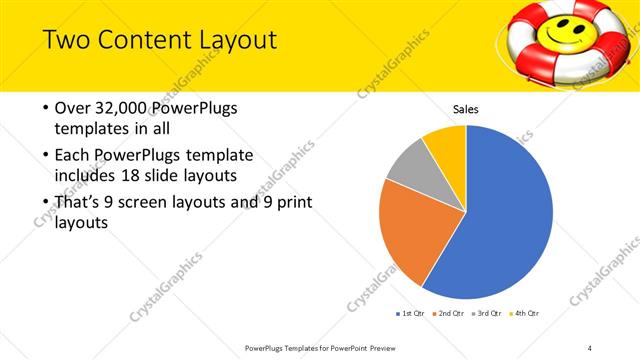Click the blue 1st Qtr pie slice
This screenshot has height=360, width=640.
tap(505, 215)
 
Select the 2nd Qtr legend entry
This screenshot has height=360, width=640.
tap(451, 315)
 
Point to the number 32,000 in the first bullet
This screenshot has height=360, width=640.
tap(115, 109)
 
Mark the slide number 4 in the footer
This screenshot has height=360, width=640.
tap(589, 347)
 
